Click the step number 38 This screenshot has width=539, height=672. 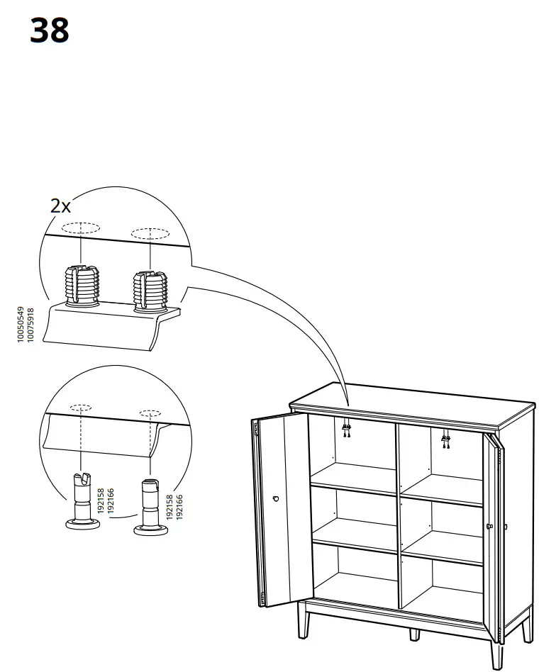click(50, 31)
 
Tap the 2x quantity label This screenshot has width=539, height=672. click(61, 206)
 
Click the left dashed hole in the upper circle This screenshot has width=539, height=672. click(80, 229)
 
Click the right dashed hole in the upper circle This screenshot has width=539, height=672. click(150, 233)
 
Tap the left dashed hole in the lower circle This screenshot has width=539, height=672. click(81, 408)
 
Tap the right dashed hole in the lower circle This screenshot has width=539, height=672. click(150, 413)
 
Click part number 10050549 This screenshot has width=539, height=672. click(21, 325)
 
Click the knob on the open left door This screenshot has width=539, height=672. click(275, 499)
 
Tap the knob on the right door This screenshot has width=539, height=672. click(489, 525)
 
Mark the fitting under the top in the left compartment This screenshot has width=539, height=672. click(347, 428)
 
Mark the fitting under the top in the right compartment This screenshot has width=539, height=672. click(445, 440)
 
